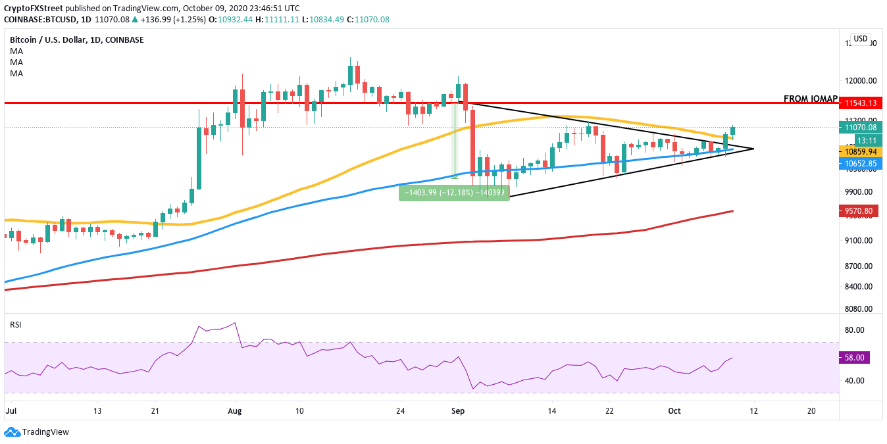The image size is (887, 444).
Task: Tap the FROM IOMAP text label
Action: click(x=810, y=99)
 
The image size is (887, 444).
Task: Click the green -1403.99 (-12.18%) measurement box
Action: click(x=453, y=193)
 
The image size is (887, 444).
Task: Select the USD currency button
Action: click(x=860, y=39)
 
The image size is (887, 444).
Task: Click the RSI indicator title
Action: click(x=15, y=324)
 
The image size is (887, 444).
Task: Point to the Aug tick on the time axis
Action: click(x=235, y=409)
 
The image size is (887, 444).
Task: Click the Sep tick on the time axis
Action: click(x=459, y=409)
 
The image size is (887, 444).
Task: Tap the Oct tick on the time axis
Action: click(x=674, y=409)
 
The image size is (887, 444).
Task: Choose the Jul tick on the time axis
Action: click(x=11, y=409)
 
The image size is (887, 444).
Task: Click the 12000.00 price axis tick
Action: click(x=861, y=81)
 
